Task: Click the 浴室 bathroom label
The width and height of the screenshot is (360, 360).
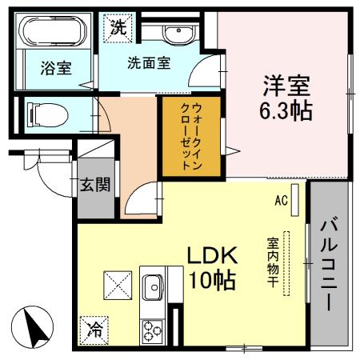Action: [x=55, y=68]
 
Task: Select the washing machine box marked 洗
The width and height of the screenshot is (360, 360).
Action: [x=118, y=26]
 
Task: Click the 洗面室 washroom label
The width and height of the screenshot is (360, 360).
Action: [x=149, y=64]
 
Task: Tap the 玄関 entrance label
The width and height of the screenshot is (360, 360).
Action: [x=94, y=186]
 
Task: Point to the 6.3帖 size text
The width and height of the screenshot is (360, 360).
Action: [x=285, y=110]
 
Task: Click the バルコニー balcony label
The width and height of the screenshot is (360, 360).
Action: [x=329, y=264]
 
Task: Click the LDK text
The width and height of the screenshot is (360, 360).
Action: [x=212, y=255]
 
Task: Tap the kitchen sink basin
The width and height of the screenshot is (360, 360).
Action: [x=152, y=286]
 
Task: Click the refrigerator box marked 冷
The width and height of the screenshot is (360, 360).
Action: [x=94, y=328]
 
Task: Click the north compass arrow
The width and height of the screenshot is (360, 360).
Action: [x=34, y=326]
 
